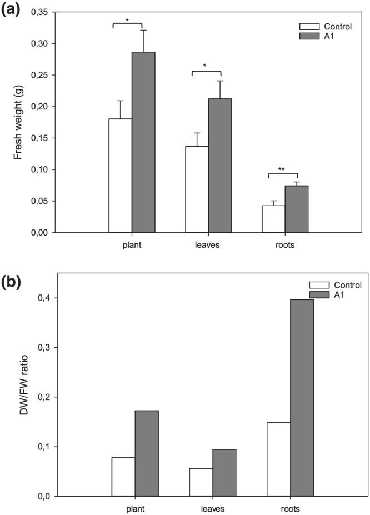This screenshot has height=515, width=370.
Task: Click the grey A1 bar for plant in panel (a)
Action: click(143, 142)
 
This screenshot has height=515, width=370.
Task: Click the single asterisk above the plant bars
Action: click(127, 21)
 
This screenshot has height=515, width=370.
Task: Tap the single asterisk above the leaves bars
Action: click(206, 66)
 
